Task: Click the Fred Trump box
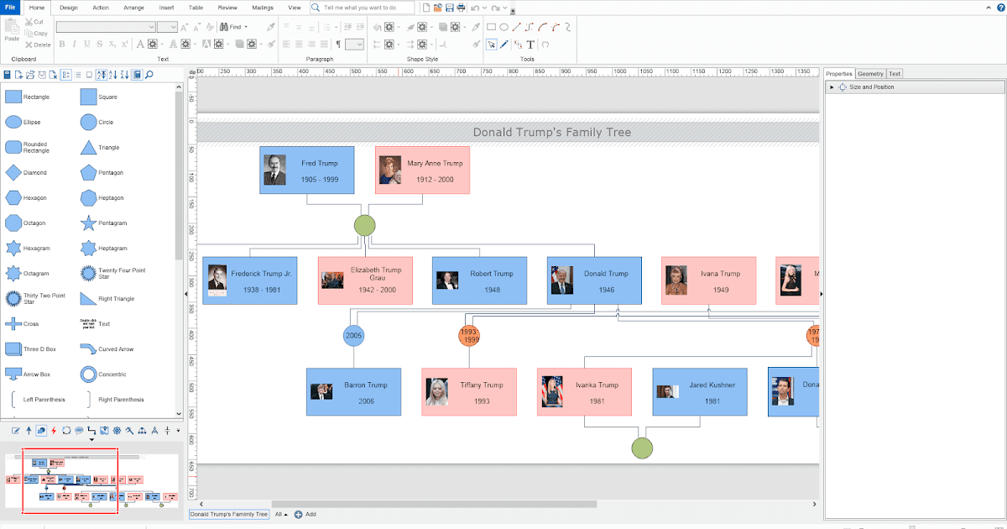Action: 306,170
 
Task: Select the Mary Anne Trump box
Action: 422,170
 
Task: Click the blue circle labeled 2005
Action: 353,336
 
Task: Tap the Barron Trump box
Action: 353,391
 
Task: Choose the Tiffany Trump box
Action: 468,391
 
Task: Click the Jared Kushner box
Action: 699,391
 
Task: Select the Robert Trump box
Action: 479,280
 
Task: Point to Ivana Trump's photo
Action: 676,281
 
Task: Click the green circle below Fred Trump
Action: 364,225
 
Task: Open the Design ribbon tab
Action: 69,8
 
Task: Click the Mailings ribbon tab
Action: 262,8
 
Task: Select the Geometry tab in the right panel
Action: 870,74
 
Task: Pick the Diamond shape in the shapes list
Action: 13,173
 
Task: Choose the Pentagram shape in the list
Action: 88,223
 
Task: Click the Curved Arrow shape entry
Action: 88,349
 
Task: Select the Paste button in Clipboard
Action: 12,31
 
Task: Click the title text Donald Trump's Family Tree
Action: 551,133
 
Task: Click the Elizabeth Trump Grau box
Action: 365,280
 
